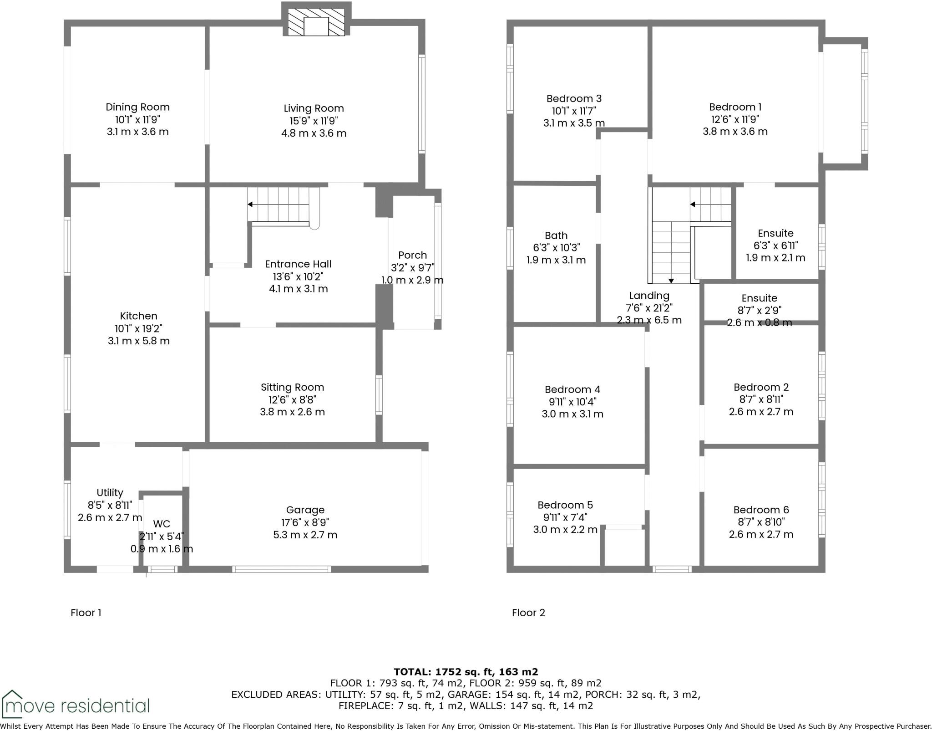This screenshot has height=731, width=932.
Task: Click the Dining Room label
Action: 137,107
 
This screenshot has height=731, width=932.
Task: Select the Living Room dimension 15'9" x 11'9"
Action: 314,121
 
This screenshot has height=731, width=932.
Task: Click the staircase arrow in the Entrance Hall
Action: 250,204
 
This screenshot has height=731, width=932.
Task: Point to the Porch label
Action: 412,255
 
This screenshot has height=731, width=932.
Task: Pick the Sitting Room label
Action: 292,387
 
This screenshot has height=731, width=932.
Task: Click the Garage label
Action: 305,510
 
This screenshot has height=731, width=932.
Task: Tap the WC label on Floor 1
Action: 162,524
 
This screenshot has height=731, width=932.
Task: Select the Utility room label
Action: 110,493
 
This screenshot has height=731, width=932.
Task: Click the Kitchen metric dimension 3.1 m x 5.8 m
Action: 138,341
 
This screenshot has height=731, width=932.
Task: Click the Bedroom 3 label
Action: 574,98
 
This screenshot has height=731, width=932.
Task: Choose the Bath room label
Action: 556,235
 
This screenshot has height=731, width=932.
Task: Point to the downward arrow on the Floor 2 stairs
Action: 671,281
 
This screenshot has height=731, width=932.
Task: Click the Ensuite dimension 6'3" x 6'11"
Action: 775,245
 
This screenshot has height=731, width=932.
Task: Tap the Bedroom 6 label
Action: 761,510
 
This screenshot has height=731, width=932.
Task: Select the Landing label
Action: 649,296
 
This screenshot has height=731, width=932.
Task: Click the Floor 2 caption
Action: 528,613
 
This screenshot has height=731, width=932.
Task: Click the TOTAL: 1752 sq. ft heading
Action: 466,671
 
